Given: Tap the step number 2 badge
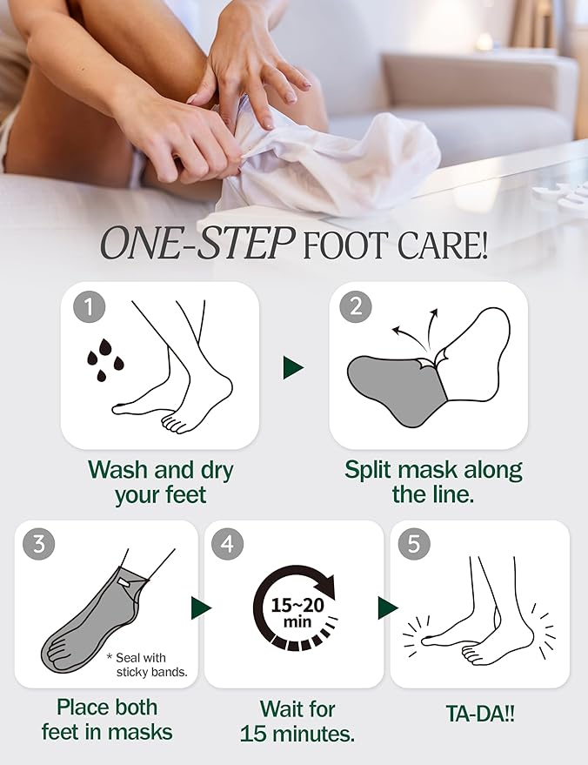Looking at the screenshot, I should tap(355, 306).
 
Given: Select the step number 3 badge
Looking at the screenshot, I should tap(39, 544).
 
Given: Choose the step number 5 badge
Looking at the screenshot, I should tap(414, 544).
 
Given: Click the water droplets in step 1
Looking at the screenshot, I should tap(103, 359).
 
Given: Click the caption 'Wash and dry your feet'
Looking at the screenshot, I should tap(160, 483).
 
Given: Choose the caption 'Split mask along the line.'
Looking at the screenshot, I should tap(432, 483).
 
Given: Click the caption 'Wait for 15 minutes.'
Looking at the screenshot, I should tap(297, 721).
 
